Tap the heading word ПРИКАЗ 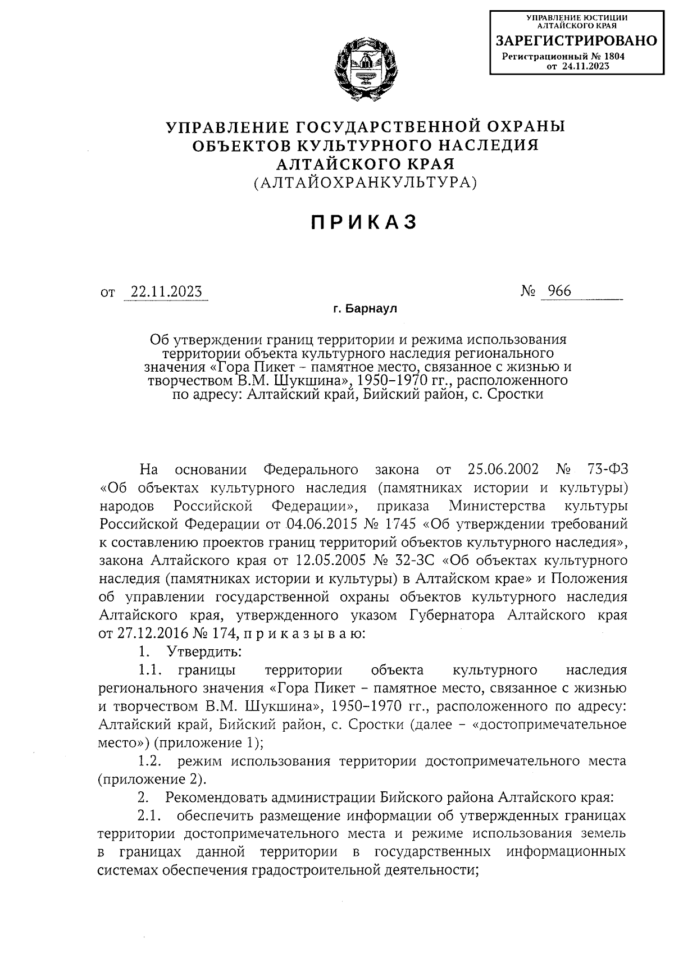365,223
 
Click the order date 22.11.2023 166,292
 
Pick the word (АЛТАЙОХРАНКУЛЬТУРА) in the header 365,183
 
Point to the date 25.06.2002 503,469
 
